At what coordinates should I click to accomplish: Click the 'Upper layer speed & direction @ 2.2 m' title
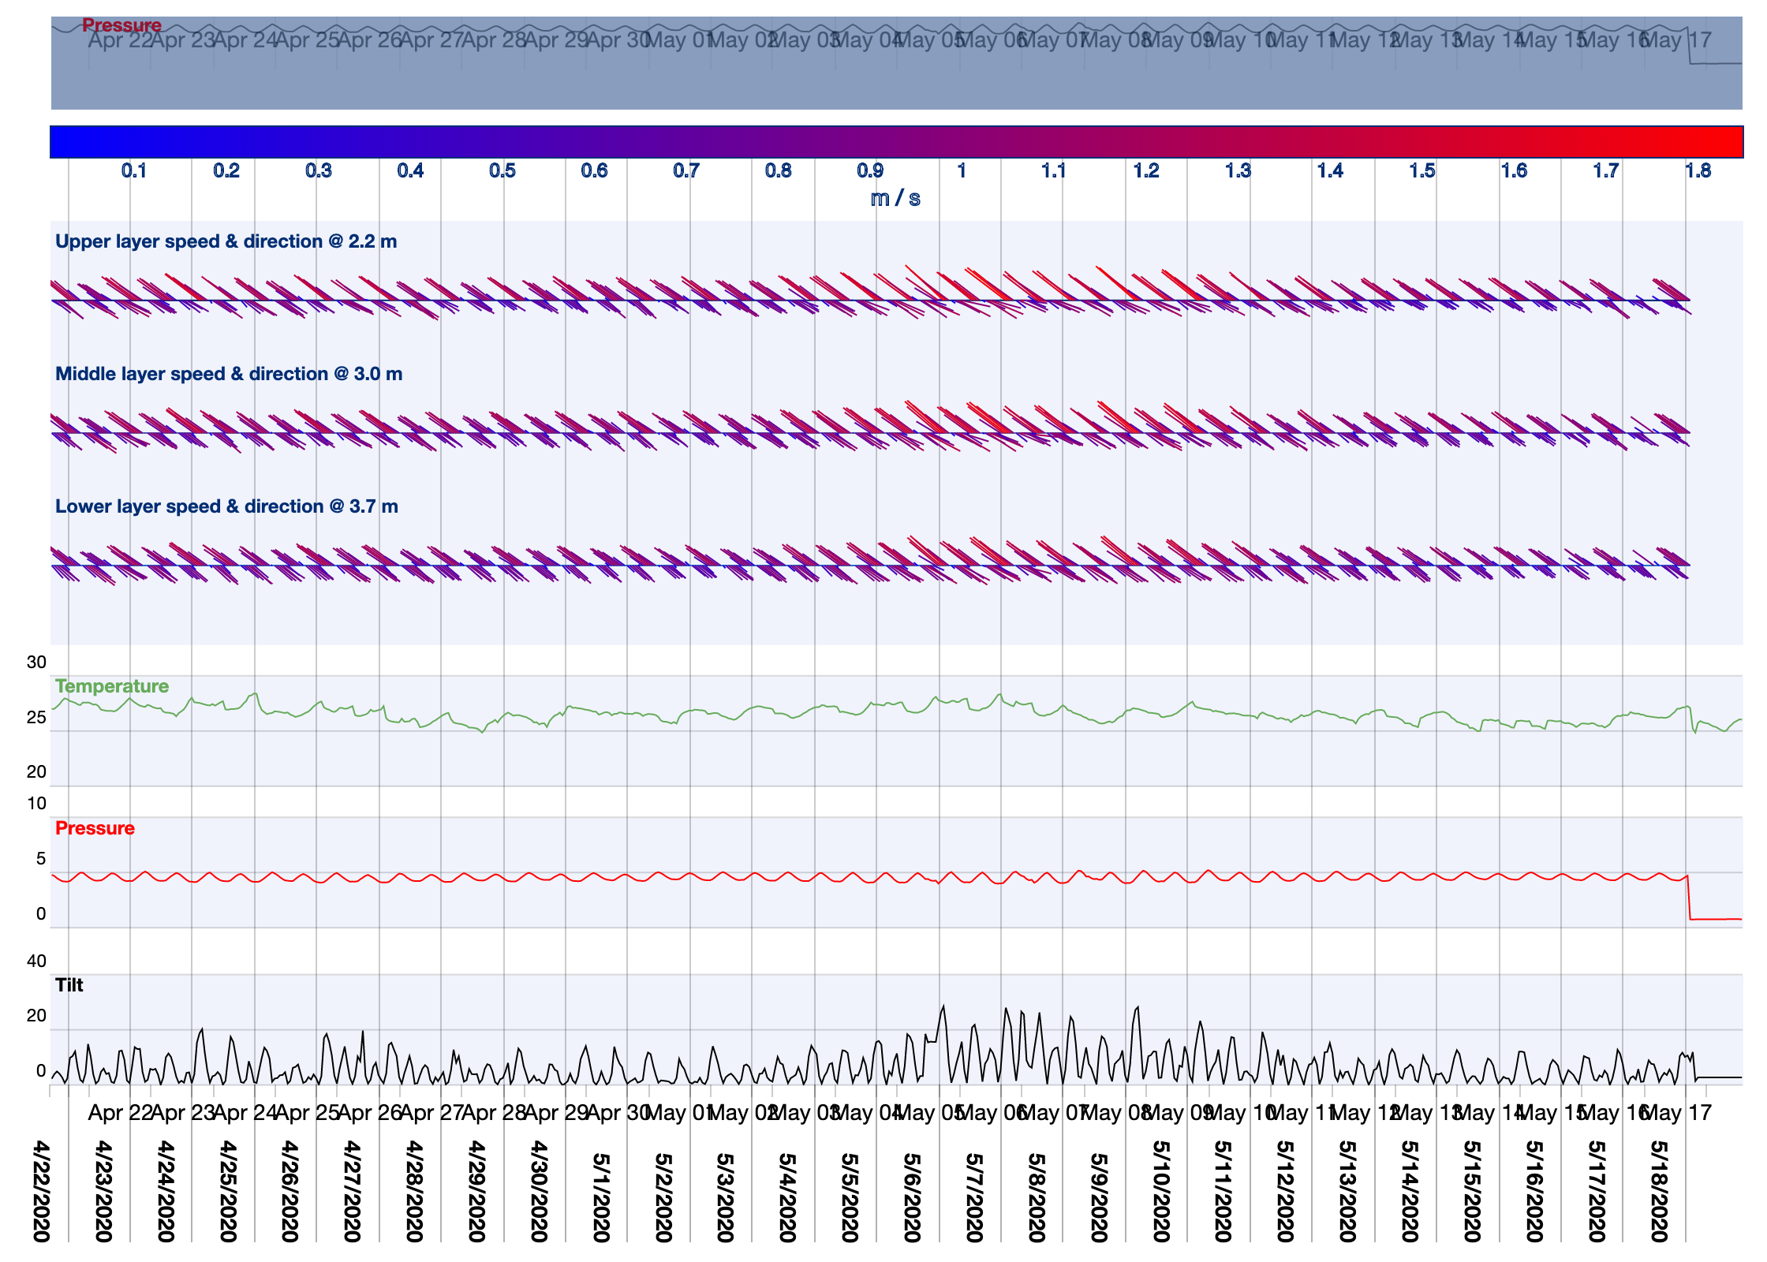click(x=226, y=241)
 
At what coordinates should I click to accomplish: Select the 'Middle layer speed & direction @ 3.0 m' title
click(x=229, y=374)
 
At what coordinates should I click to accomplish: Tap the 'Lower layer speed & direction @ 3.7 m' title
click(x=226, y=506)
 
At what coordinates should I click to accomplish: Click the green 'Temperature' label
click(x=112, y=686)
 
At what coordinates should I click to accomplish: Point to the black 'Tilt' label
click(x=69, y=985)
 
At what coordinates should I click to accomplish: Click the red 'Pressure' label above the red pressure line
click(x=95, y=828)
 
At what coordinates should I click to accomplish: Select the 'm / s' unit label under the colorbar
click(x=895, y=198)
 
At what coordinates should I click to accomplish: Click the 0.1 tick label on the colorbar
click(x=134, y=171)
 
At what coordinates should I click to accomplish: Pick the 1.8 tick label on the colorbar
click(x=1698, y=171)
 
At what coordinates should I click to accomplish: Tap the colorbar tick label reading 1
click(x=962, y=171)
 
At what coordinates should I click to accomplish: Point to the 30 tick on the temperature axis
click(x=36, y=663)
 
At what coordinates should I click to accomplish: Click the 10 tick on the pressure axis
click(x=36, y=804)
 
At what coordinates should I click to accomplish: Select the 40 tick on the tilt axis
click(x=36, y=961)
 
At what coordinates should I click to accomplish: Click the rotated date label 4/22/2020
click(x=42, y=1191)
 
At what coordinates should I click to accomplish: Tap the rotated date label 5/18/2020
click(x=1659, y=1191)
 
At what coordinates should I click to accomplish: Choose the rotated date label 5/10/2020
click(x=1161, y=1191)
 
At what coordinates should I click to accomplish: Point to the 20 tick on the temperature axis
click(x=36, y=772)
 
